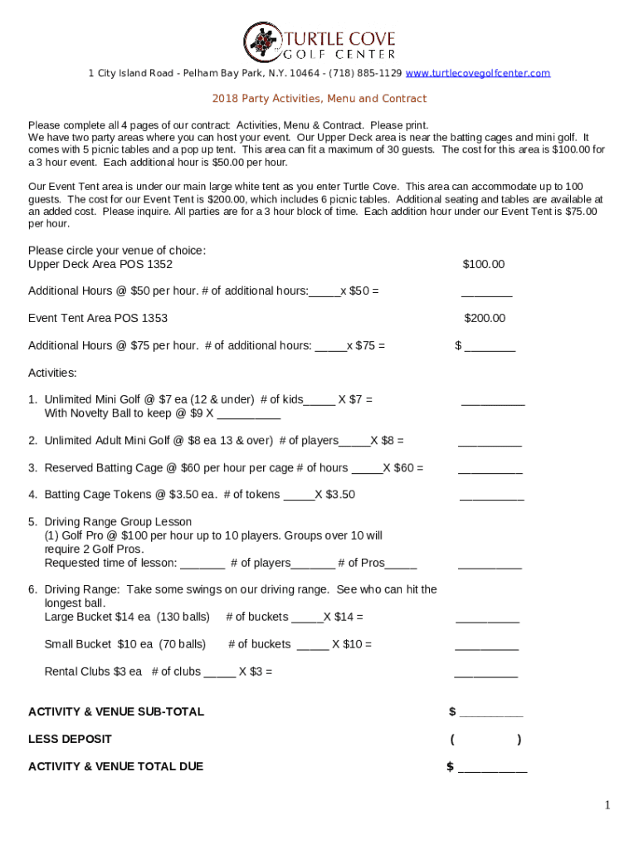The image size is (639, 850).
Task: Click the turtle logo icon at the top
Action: [263, 42]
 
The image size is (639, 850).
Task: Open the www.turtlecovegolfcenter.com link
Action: [477, 73]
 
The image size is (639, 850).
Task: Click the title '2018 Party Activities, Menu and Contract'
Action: [319, 99]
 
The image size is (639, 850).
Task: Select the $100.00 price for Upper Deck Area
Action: [483, 265]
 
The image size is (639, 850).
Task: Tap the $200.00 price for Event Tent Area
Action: [484, 318]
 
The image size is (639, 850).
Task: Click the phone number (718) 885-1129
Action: [366, 73]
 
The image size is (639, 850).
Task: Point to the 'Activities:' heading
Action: [52, 373]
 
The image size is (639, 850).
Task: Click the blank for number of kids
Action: [319, 401]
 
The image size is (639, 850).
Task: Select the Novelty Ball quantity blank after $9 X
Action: [247, 414]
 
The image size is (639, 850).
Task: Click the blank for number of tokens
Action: [299, 496]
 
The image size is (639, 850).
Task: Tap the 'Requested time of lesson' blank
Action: [202, 564]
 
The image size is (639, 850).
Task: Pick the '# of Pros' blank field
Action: [402, 564]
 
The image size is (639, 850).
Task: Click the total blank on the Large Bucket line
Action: [487, 618]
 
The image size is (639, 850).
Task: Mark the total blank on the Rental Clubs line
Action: [485, 673]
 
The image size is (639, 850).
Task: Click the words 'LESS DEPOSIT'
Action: [70, 739]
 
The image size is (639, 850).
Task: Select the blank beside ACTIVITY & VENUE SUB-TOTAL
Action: [491, 713]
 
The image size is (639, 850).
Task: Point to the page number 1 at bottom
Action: [607, 805]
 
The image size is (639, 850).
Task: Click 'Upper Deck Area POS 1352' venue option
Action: [100, 265]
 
